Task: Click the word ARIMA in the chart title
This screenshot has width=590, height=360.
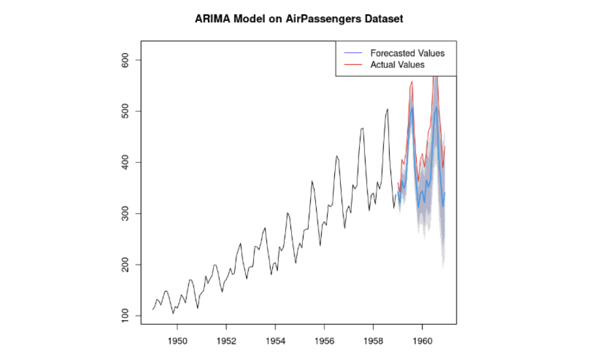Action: [213, 19]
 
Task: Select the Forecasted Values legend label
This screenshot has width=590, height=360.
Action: [407, 53]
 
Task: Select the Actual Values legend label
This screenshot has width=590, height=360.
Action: [397, 65]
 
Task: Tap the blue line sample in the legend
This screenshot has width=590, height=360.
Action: [353, 53]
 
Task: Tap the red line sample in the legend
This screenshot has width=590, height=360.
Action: [353, 65]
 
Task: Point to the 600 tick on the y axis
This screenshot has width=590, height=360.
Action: [128, 60]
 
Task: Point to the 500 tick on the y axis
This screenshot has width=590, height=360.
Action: [128, 111]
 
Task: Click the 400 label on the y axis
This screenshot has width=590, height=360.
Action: [128, 162]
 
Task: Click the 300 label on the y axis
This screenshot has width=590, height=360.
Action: [128, 213]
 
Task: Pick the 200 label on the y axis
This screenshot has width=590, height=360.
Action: [128, 264]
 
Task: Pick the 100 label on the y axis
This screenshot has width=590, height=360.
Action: [128, 315]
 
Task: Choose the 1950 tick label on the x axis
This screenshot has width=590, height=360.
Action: [177, 341]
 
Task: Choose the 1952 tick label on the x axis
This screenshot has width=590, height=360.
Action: [226, 341]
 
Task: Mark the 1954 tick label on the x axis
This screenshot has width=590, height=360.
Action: [275, 341]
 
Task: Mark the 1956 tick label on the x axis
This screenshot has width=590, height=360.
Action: [324, 341]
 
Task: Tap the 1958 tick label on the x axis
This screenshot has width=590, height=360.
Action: [373, 341]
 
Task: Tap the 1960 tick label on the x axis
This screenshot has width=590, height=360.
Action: [423, 341]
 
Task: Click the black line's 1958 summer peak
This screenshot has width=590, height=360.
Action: [387, 109]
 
